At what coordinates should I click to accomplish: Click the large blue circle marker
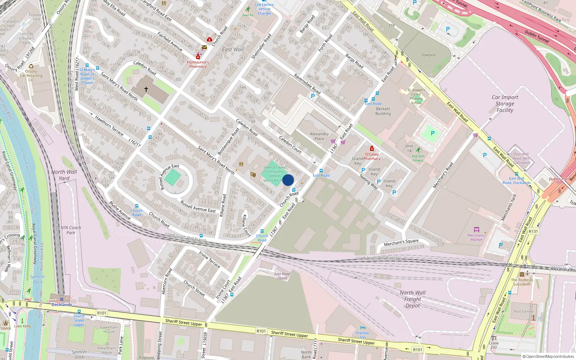pyautogui.click(x=288, y=180)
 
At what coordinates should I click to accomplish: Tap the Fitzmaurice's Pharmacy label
pyautogui.click(x=198, y=64)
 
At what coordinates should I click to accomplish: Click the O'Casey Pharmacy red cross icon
pyautogui.click(x=372, y=148)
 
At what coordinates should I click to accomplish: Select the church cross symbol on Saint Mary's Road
pyautogui.click(x=146, y=89)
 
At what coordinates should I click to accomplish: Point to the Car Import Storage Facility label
pyautogui.click(x=505, y=104)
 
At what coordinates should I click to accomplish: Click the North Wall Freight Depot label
pyautogui.click(x=413, y=299)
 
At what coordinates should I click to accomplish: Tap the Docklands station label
pyautogui.click(x=62, y=305)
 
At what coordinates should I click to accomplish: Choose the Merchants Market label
pyautogui.click(x=476, y=237)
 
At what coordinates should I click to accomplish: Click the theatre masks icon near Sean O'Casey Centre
pyautogui.click(x=253, y=175)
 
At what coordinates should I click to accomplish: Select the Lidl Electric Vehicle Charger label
pyautogui.click(x=264, y=9)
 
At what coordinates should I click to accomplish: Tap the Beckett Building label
pyautogui.click(x=383, y=111)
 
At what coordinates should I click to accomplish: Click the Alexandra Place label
pyautogui.click(x=319, y=136)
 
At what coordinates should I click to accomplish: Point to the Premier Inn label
pyautogui.click(x=363, y=335)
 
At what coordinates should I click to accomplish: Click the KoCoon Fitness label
pyautogui.click(x=418, y=158)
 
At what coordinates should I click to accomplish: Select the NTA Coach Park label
pyautogui.click(x=71, y=230)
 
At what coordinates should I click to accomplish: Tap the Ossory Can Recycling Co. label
pyautogui.click(x=31, y=76)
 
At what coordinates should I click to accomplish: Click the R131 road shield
pyautogui.click(x=533, y=231)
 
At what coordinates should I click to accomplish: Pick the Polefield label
pyautogui.click(x=428, y=55)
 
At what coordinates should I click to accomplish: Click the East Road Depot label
pyautogui.click(x=282, y=276)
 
